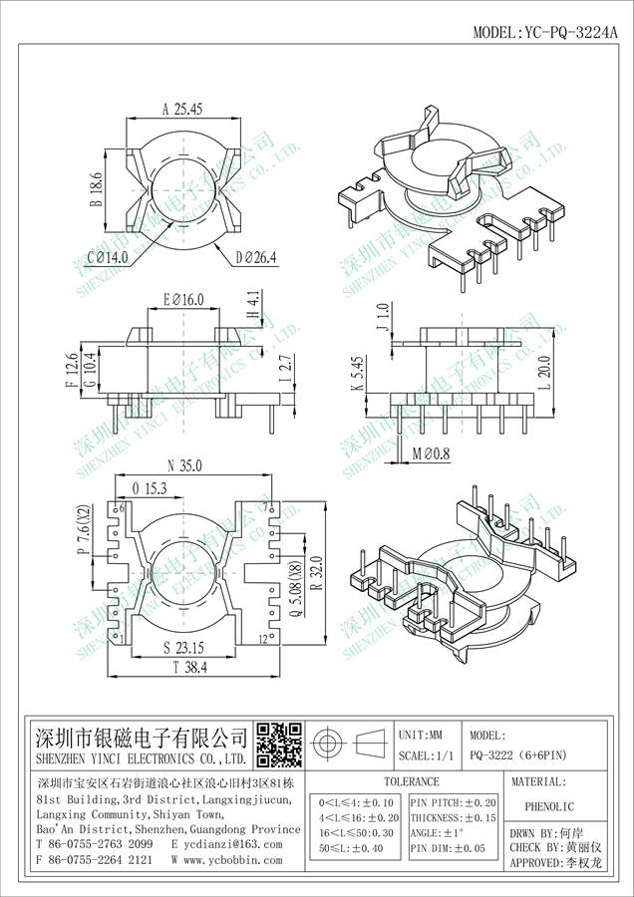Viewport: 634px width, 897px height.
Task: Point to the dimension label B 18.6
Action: pyautogui.click(x=97, y=188)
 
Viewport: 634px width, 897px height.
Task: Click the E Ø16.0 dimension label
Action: pyautogui.click(x=181, y=298)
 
